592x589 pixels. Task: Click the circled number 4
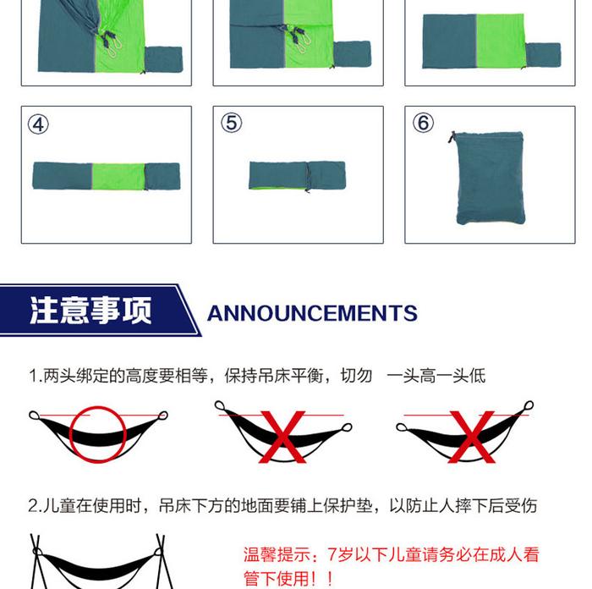click(x=38, y=124)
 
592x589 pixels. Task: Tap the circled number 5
click(x=231, y=123)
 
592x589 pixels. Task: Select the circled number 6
click(x=423, y=123)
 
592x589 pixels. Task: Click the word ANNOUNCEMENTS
click(x=312, y=313)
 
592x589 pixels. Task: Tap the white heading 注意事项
click(x=91, y=311)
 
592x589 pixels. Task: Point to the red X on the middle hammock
click(x=282, y=437)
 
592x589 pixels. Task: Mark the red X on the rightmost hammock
click(x=472, y=437)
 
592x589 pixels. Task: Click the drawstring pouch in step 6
click(x=490, y=178)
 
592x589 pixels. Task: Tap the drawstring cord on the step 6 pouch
click(x=452, y=137)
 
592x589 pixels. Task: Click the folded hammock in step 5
click(x=297, y=175)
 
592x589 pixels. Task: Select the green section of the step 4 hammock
click(x=118, y=176)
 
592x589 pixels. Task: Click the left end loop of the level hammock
click(x=34, y=416)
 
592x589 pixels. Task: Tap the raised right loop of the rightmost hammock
click(x=529, y=405)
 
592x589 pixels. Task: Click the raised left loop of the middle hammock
click(x=219, y=405)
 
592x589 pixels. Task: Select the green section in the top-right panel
click(x=501, y=41)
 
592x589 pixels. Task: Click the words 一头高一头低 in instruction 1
click(x=436, y=376)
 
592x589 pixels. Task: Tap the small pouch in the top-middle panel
click(x=352, y=54)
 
